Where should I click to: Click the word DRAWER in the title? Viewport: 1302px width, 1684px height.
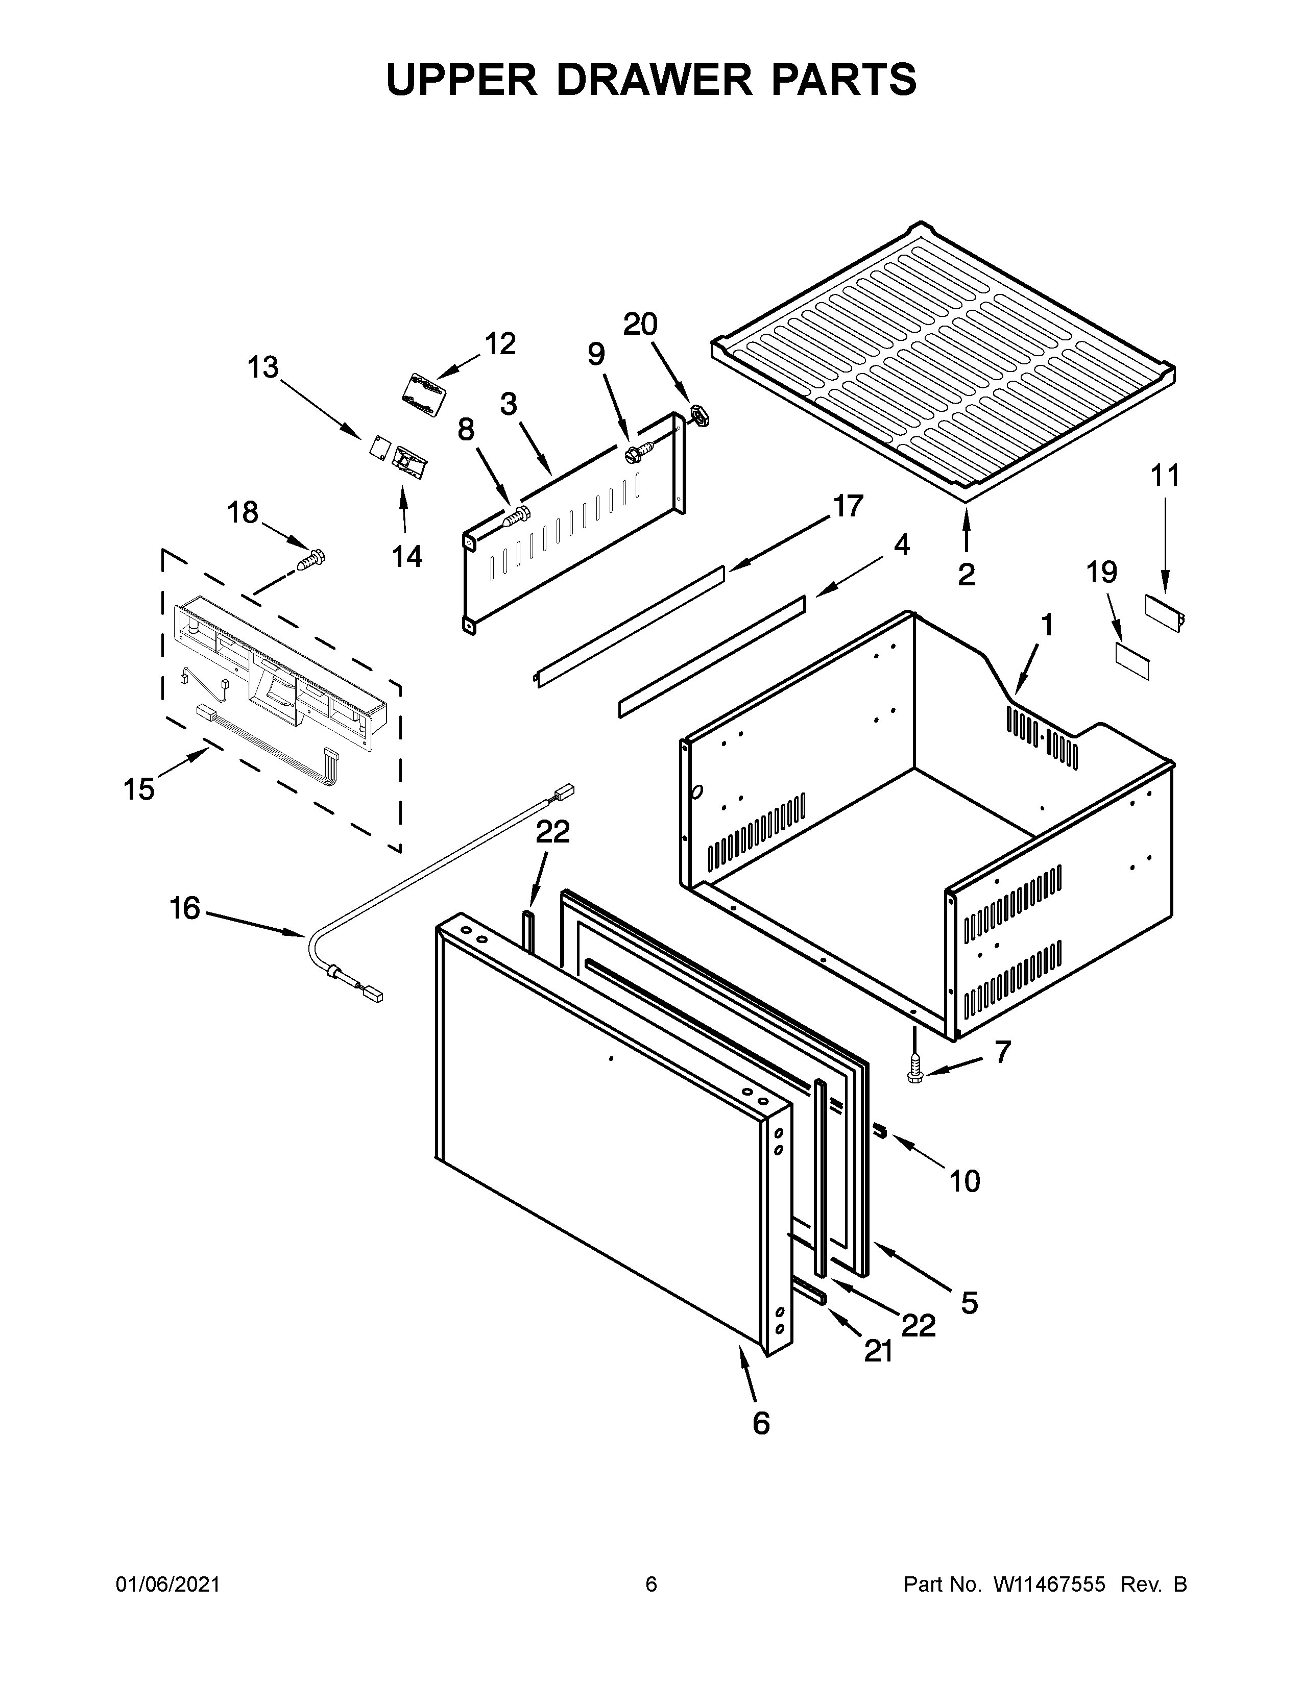pos(653,80)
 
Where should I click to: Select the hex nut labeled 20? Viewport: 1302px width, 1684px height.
pos(699,414)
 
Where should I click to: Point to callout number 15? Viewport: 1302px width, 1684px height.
pos(139,789)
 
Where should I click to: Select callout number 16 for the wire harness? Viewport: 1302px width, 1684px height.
pos(185,908)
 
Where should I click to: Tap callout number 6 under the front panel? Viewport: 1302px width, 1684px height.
pos(761,1423)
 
